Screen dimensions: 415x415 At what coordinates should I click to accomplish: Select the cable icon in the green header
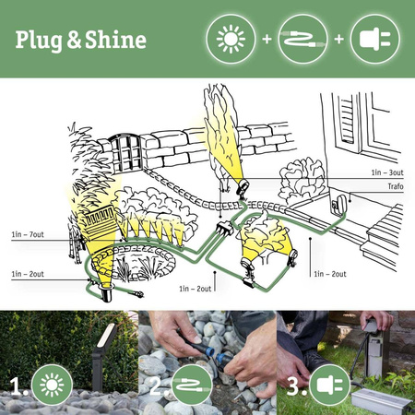pos(301,41)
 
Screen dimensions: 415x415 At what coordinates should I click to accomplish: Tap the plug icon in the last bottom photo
pos(329,385)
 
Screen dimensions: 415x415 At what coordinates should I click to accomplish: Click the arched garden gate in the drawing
pos(125,153)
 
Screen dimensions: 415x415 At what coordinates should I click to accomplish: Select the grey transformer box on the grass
pos(379,397)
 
